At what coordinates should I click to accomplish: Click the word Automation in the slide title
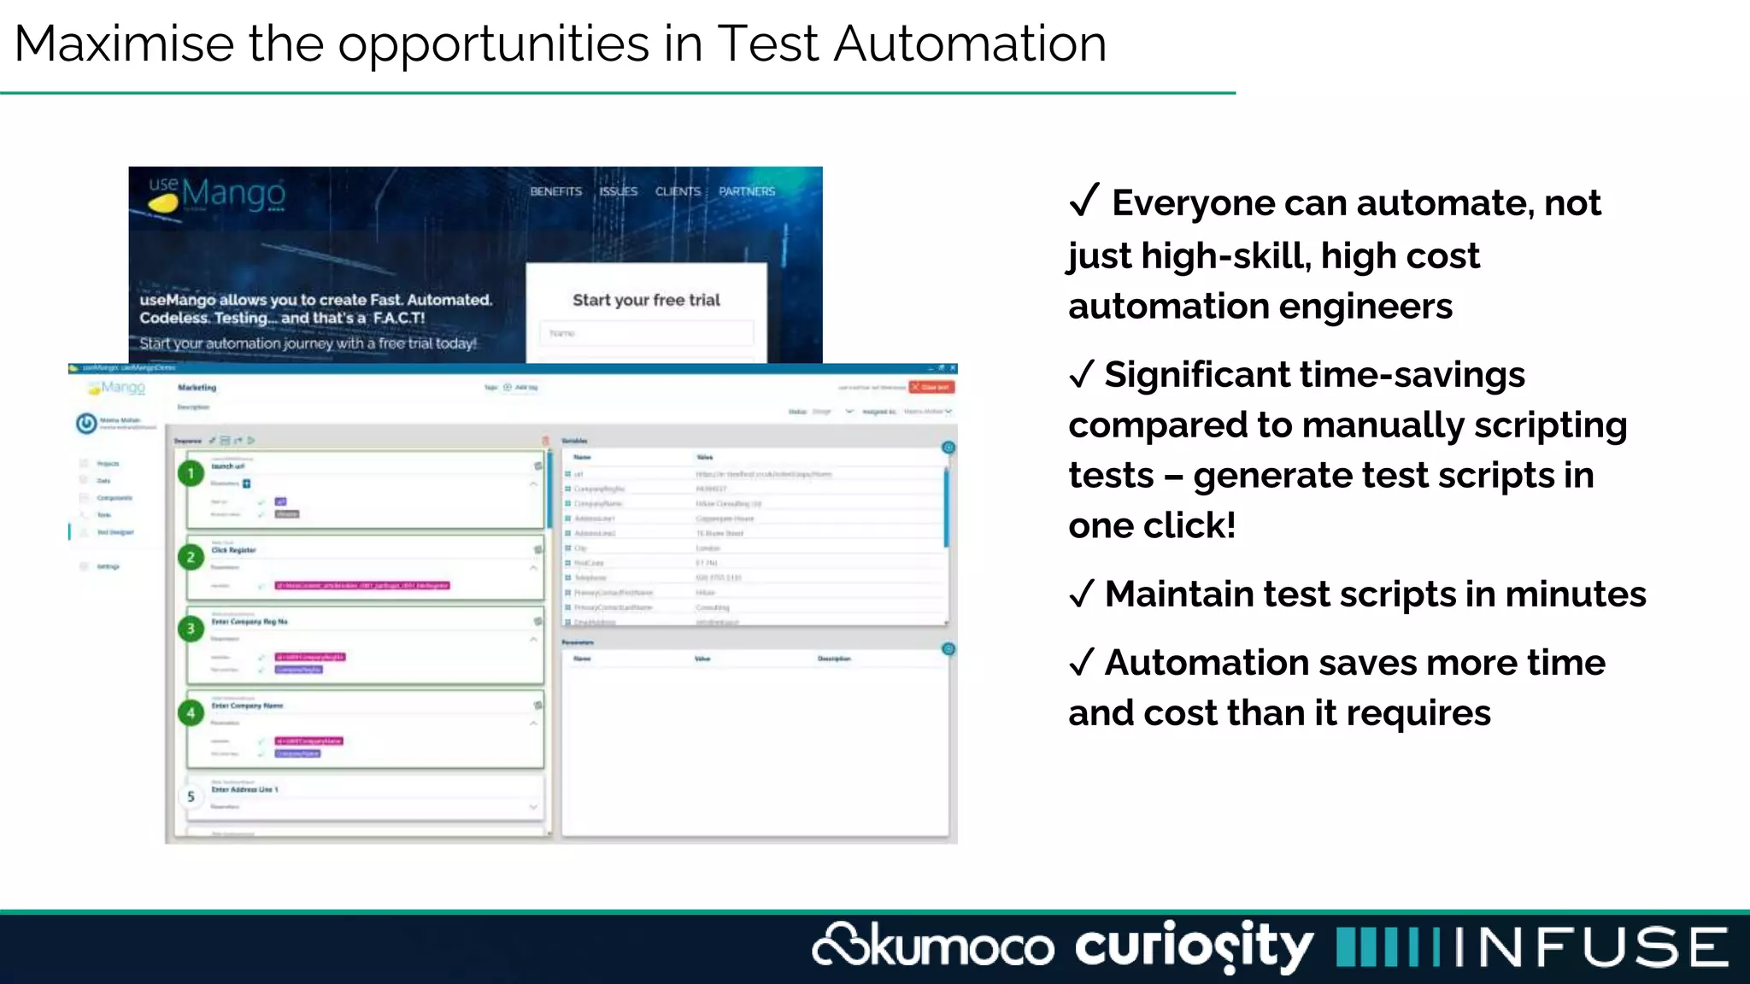(970, 44)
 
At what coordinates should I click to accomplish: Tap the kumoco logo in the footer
(933, 946)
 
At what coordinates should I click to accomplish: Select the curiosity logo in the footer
(1194, 946)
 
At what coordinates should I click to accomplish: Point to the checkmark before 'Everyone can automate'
(1083, 201)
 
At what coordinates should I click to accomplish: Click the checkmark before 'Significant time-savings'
(1082, 374)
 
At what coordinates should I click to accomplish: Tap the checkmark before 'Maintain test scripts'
(1082, 594)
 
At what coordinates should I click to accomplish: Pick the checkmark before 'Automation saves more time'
(1082, 662)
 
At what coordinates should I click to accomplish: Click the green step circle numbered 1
(191, 473)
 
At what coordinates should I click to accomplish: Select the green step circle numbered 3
(191, 629)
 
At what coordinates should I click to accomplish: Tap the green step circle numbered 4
(191, 712)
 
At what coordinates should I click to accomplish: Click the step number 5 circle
(191, 796)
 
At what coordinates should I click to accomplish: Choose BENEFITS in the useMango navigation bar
(555, 191)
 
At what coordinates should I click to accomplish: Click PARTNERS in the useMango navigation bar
(747, 191)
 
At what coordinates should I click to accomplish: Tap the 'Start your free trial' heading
(646, 300)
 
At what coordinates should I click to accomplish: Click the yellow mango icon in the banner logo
(163, 202)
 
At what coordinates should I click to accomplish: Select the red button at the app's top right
(931, 387)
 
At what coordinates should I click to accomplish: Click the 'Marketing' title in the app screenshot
(197, 388)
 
